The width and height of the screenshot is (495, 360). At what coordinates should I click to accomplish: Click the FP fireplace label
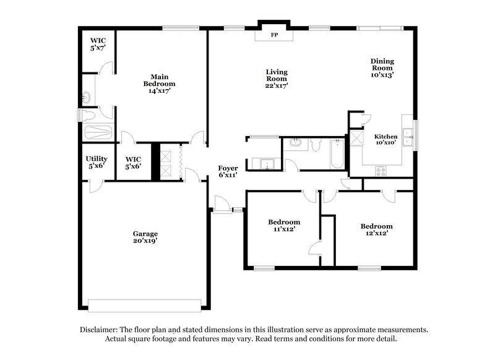pyautogui.click(x=273, y=35)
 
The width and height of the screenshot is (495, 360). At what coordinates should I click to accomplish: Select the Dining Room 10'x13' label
pyautogui.click(x=382, y=67)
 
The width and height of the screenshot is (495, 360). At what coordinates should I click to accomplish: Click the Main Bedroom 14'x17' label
pyautogui.click(x=159, y=83)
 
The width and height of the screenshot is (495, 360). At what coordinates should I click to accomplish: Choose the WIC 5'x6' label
pyautogui.click(x=134, y=163)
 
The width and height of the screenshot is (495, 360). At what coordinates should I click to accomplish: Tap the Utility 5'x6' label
pyautogui.click(x=97, y=163)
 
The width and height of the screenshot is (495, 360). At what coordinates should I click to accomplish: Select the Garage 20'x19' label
pyautogui.click(x=145, y=238)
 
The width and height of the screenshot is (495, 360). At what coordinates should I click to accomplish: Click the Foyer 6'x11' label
pyautogui.click(x=228, y=171)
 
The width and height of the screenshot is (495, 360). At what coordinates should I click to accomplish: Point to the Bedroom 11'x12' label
pyautogui.click(x=284, y=226)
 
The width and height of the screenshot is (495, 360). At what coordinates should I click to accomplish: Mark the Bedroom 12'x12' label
pyautogui.click(x=376, y=230)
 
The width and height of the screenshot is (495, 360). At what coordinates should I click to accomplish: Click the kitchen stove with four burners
pyautogui.click(x=381, y=172)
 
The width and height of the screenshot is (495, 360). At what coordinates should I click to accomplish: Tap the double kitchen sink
pyautogui.click(x=407, y=136)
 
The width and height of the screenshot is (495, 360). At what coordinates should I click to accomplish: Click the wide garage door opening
pyautogui.click(x=145, y=305)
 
